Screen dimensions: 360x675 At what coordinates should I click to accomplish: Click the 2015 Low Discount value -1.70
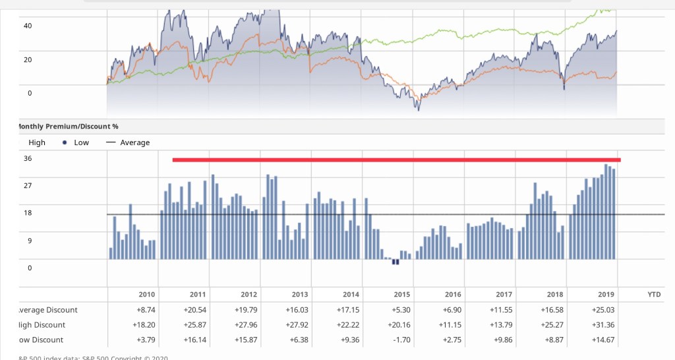click(x=401, y=340)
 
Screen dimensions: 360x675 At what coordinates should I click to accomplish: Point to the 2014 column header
click(x=351, y=295)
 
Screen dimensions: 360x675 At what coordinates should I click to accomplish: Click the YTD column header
click(x=654, y=295)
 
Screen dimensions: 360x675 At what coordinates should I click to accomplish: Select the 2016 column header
click(x=453, y=295)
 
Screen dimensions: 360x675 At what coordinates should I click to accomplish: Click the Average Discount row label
click(x=46, y=310)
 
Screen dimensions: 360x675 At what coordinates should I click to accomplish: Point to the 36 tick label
click(x=28, y=158)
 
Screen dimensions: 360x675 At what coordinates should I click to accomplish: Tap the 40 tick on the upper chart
click(x=28, y=26)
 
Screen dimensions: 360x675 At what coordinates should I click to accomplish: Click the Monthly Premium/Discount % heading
click(x=66, y=126)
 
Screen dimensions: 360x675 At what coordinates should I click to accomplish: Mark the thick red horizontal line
click(x=396, y=160)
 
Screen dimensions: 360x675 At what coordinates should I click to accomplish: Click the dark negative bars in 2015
click(x=396, y=262)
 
